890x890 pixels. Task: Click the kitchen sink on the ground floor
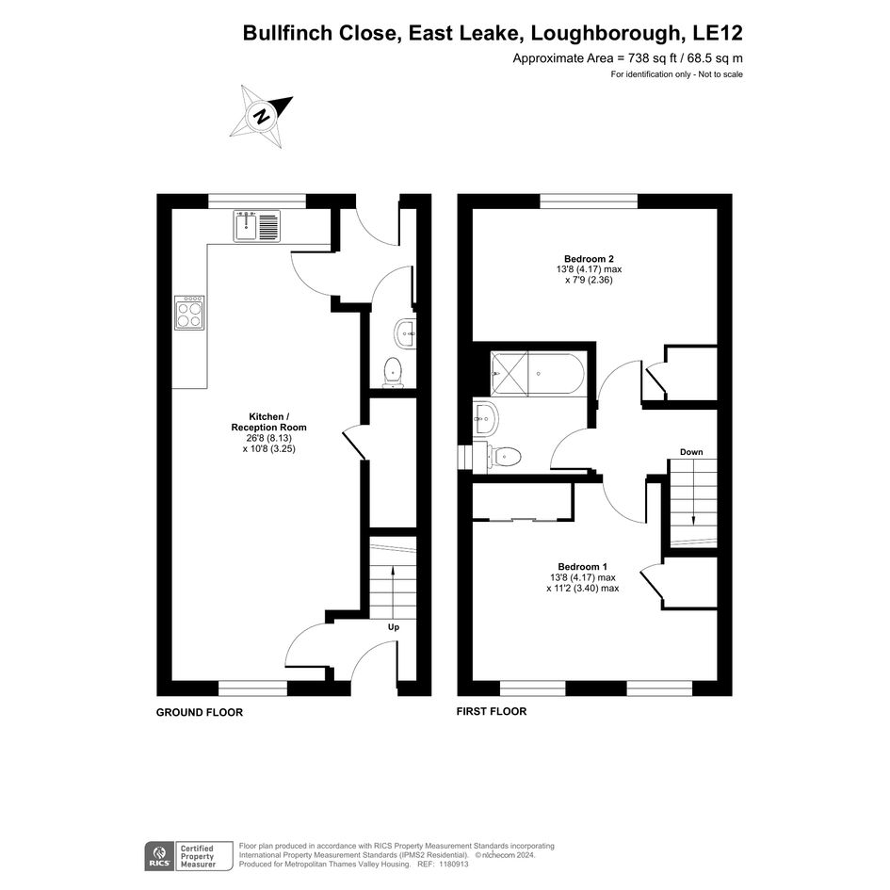(x=256, y=226)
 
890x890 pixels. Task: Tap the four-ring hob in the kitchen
(x=189, y=312)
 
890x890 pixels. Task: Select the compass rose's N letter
(x=262, y=117)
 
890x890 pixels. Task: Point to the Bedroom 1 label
(x=582, y=566)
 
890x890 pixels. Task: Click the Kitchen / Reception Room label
(x=268, y=422)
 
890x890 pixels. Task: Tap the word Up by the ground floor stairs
(x=394, y=627)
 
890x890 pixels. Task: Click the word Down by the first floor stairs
(x=691, y=452)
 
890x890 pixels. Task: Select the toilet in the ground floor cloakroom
(x=393, y=372)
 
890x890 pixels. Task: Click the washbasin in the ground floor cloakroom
(x=405, y=333)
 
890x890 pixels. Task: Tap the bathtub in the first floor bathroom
(x=537, y=374)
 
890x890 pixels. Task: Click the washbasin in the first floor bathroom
(x=485, y=419)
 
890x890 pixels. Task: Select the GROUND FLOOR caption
(x=200, y=712)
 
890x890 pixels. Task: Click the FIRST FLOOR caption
(x=492, y=711)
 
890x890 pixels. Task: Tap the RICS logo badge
(x=160, y=856)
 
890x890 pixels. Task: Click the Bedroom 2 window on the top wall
(x=589, y=201)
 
